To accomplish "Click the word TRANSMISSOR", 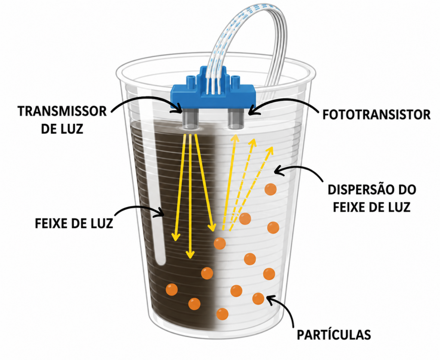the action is click(62, 111).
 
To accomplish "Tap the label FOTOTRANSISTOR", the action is click(376, 114).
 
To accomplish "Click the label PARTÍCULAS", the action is click(334, 335).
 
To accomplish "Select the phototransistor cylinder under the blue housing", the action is click(235, 119).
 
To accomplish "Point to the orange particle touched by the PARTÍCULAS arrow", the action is click(258, 298).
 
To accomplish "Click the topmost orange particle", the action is click(271, 190).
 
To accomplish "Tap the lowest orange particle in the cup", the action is click(222, 314).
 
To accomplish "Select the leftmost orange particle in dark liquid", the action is click(172, 289).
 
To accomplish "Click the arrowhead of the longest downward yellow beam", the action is click(190, 255).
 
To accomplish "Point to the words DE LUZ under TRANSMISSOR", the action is click(62, 129).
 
